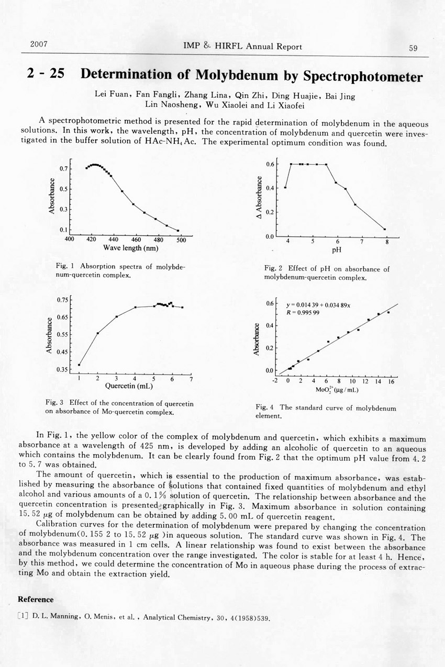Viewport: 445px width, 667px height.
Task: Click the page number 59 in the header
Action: (413, 48)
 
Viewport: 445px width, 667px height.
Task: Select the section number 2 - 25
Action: (46, 74)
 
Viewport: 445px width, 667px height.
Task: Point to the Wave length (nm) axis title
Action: (130, 247)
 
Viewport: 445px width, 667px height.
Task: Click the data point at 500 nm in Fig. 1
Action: (178, 230)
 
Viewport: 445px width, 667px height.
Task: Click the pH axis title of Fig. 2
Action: (337, 250)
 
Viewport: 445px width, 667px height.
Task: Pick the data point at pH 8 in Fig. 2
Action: (385, 229)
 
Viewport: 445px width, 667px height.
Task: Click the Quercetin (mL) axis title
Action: (129, 387)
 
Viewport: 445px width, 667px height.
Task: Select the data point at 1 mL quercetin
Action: (79, 365)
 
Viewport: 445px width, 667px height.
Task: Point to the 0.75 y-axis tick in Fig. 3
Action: (63, 300)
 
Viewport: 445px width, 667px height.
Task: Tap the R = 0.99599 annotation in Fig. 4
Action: (303, 312)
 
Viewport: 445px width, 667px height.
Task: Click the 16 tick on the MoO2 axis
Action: (391, 381)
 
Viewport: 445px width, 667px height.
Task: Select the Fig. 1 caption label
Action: (63, 267)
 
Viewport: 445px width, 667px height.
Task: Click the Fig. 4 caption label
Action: (264, 408)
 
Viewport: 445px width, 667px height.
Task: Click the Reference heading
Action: (36, 599)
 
